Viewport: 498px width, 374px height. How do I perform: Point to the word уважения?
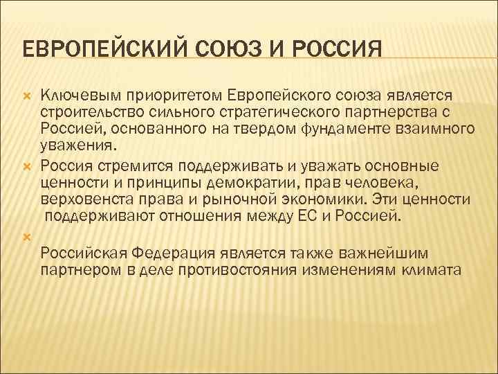point(77,146)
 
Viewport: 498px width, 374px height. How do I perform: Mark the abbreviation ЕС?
point(315,216)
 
